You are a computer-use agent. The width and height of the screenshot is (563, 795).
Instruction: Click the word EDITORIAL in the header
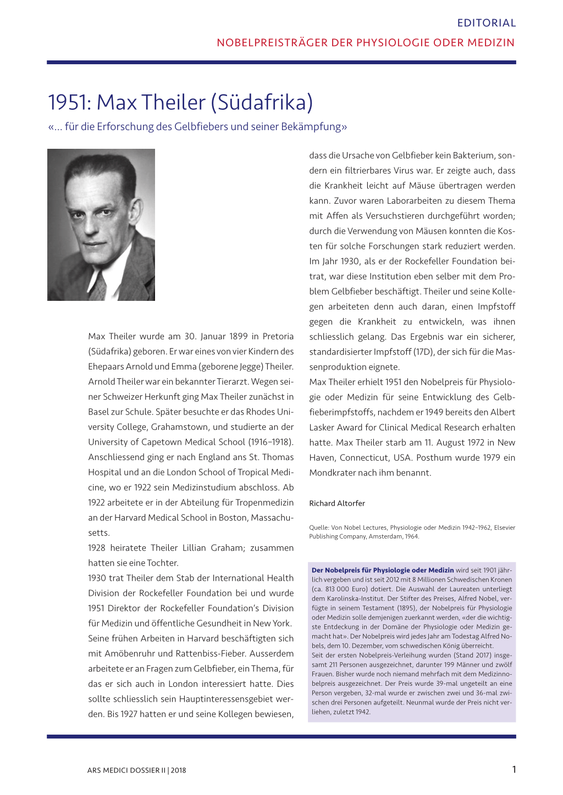tap(486, 23)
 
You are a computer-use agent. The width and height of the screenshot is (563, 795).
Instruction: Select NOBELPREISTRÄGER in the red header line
tap(272, 43)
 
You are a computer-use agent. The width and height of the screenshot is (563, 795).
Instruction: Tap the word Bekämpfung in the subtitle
tap(313, 127)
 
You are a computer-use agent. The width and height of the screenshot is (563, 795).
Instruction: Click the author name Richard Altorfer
tap(336, 503)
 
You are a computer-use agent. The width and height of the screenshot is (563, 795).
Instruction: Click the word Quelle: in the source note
tap(319, 528)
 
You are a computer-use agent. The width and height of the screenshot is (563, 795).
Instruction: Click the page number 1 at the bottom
tap(514, 769)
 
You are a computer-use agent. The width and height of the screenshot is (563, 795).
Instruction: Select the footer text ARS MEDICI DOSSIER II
tap(126, 770)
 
